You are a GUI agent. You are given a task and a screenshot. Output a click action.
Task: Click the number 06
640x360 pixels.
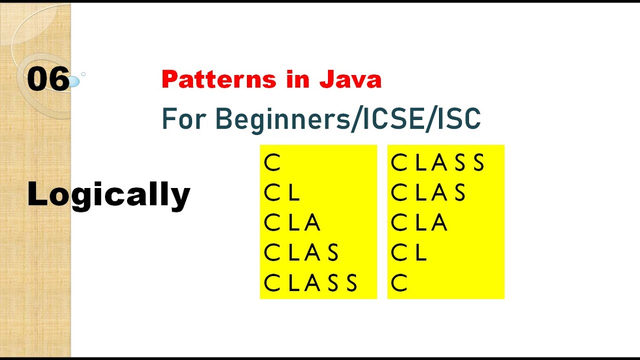tap(48, 79)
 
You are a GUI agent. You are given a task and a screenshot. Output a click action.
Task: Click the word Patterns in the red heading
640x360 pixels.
tap(218, 79)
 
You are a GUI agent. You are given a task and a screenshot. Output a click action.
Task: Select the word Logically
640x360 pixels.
tap(108, 194)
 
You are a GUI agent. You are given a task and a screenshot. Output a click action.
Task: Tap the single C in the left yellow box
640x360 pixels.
tap(272, 163)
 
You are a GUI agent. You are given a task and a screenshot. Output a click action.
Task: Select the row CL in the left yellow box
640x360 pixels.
tap(282, 193)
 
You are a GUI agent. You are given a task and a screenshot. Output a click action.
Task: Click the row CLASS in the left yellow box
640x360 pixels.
tap(310, 283)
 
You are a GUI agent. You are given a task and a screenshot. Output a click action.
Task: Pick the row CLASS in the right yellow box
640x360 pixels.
tap(437, 163)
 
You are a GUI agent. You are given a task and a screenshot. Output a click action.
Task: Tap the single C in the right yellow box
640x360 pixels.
tap(399, 283)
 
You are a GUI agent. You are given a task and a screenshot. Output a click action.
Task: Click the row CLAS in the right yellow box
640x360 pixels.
tap(428, 193)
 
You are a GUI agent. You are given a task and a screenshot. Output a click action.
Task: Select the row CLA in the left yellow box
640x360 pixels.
tap(292, 223)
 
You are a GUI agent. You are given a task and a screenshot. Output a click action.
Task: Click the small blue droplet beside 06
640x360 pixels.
tap(73, 81)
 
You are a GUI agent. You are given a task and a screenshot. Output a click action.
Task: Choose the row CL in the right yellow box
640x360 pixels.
tap(408, 253)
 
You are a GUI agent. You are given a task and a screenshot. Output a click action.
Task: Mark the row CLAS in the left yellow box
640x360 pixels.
tap(301, 253)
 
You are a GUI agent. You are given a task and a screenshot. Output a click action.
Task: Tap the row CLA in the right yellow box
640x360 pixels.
tap(418, 223)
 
